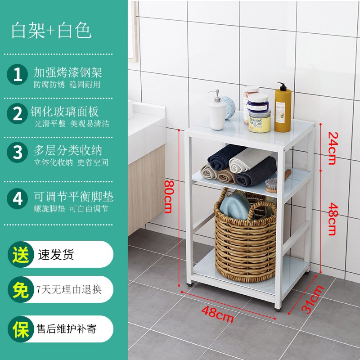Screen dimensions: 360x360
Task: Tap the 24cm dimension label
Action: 333,148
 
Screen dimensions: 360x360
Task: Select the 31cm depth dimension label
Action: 313,299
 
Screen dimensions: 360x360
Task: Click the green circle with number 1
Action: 18,74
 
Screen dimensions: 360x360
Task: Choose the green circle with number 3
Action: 18,153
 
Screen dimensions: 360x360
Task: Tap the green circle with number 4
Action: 18,198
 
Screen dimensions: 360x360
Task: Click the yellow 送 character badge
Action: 21,254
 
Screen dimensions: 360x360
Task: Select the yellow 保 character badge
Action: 21,329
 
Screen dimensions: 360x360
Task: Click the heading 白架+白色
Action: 51,30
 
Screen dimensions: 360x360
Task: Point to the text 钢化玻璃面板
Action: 64,112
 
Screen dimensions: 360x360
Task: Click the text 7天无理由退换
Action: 69,289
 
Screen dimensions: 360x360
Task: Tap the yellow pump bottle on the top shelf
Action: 283,108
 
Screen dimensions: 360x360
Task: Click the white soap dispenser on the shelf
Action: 217,110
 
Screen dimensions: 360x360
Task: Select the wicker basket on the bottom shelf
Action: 245,235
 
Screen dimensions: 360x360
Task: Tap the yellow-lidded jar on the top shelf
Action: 260,121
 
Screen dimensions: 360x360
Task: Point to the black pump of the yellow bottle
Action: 282,86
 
